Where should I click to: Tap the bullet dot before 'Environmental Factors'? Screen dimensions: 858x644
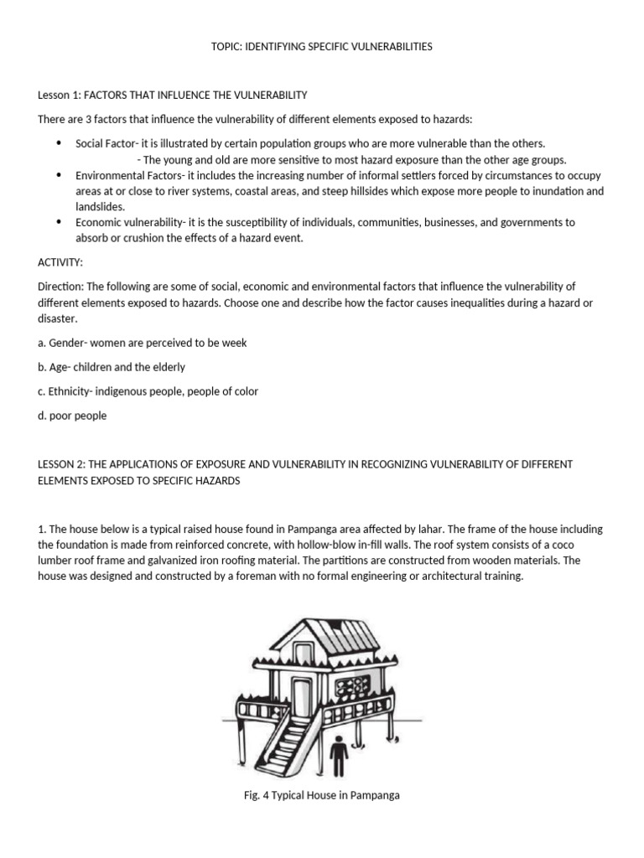[x=59, y=175]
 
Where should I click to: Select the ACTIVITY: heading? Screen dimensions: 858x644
[x=60, y=262]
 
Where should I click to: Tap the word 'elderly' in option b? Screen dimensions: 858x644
[x=168, y=367]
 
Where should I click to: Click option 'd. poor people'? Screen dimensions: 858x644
[x=72, y=416]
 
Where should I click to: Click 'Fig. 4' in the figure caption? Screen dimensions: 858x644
[x=257, y=795]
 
